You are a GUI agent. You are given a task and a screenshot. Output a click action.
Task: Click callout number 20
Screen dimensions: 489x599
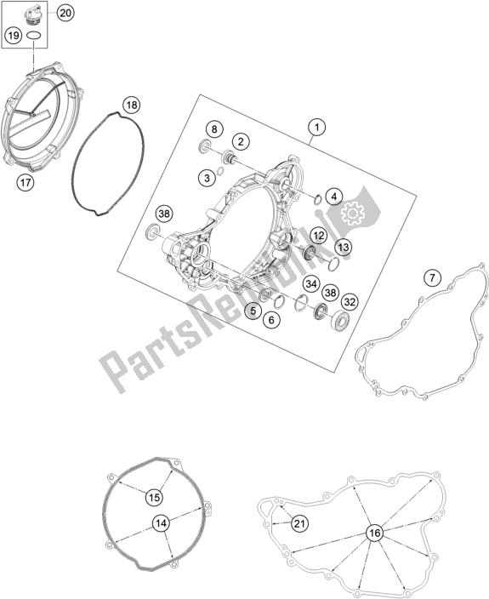coord(65,13)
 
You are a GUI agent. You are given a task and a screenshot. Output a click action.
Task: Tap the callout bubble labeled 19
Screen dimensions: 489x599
coord(14,36)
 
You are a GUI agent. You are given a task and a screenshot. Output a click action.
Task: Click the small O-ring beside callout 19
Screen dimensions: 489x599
coord(34,36)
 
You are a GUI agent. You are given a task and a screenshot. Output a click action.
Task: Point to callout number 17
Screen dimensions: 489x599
coord(26,183)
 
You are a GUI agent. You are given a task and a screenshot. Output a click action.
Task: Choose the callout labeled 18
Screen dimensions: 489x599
coord(132,105)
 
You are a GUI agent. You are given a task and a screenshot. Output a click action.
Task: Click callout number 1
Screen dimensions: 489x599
coord(317,127)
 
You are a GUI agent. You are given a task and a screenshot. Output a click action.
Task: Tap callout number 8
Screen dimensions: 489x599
coord(214,129)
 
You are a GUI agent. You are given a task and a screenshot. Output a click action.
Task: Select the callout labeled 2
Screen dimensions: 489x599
coord(241,142)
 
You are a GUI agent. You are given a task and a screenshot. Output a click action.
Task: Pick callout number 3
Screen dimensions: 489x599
coord(207,178)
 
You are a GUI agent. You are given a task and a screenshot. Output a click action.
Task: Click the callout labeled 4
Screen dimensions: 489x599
coord(334,197)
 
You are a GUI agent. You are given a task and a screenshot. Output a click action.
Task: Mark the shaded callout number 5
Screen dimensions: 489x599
coord(253,311)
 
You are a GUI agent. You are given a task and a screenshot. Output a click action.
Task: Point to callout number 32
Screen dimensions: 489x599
coord(350,302)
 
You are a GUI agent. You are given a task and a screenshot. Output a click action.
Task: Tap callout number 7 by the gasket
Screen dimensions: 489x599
coord(432,277)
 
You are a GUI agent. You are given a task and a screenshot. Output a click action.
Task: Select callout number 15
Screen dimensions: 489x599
coord(154,498)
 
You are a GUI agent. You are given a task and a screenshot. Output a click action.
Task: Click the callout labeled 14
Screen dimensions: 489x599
coord(161,523)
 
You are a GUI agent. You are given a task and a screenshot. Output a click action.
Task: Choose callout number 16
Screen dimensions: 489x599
coord(375,533)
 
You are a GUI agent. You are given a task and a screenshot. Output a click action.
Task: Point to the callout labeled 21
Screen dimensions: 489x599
coord(299,523)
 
